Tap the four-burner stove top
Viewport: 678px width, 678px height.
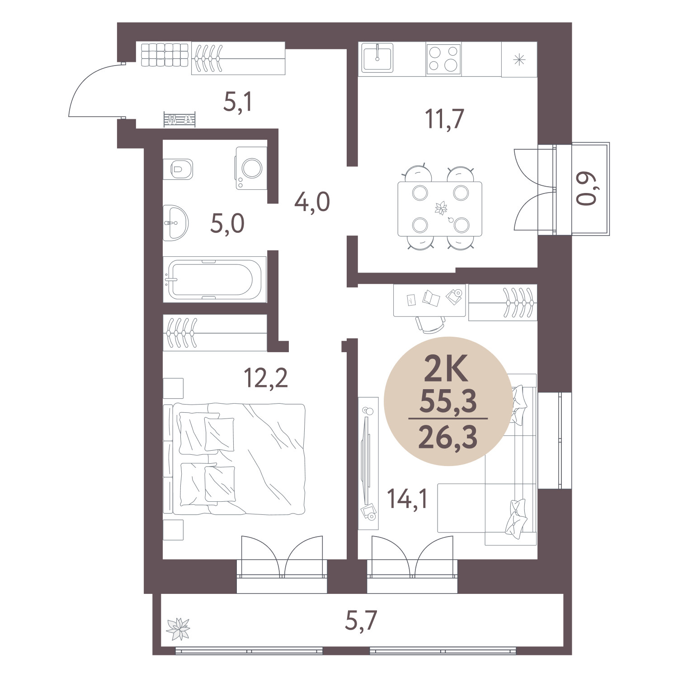(443, 59)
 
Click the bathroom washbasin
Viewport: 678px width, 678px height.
(175, 222)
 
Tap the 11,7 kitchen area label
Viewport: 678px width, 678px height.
(444, 119)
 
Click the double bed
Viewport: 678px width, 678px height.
(235, 459)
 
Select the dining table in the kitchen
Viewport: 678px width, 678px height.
(440, 209)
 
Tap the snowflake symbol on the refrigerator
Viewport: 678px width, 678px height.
(519, 59)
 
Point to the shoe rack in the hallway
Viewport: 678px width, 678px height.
(180, 120)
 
